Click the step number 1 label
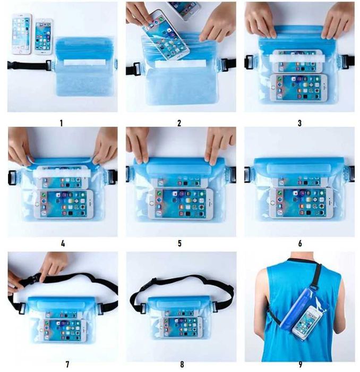[62, 123]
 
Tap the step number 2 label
[179, 123]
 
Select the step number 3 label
[299, 123]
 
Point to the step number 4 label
[63, 243]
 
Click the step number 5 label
[179, 243]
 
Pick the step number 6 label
[300, 243]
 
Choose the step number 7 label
[67, 364]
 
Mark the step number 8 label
[182, 364]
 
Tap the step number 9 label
[301, 364]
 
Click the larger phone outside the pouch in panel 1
[22, 34]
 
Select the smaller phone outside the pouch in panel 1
[44, 37]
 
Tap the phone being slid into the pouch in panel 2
[166, 35]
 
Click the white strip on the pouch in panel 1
[84, 62]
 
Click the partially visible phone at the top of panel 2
[185, 10]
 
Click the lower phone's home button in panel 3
[273, 88]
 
